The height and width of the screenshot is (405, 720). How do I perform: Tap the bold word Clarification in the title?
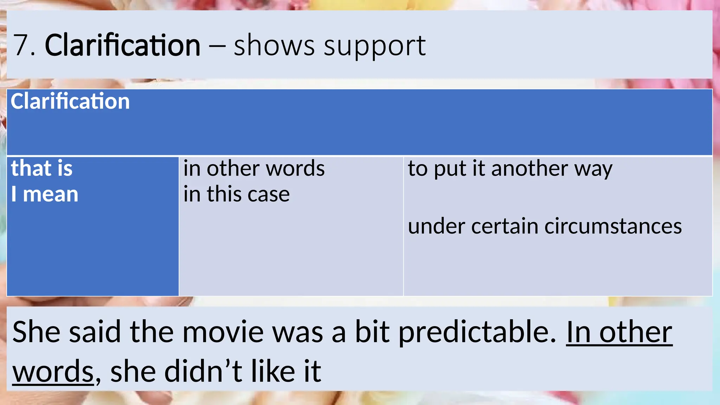click(122, 46)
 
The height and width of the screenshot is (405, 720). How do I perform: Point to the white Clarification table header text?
click(70, 101)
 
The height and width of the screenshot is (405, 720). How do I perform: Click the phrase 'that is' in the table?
click(42, 168)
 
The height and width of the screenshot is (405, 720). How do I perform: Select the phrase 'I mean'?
click(45, 194)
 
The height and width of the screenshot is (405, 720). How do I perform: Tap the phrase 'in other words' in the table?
click(254, 168)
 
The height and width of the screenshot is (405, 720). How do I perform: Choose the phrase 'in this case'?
click(236, 194)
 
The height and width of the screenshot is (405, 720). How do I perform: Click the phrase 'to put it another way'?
click(510, 169)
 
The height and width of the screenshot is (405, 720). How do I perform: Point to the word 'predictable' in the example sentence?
click(477, 333)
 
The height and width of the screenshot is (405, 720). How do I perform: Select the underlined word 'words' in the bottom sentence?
click(53, 372)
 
